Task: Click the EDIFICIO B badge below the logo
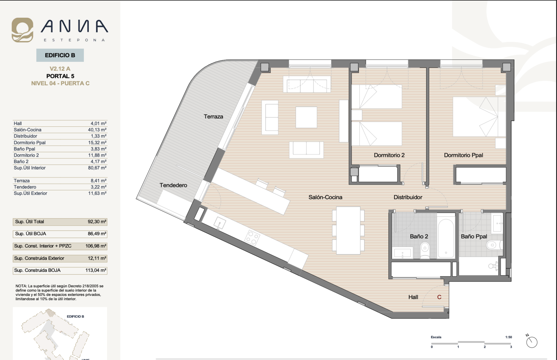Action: tap(60, 55)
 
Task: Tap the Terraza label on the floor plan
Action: tap(214, 117)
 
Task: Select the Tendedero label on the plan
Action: tap(173, 185)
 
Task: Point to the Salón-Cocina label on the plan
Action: tap(325, 197)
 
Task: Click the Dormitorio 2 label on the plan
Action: tap(389, 155)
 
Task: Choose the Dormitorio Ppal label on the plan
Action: tap(463, 155)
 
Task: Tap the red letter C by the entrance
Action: tap(439, 297)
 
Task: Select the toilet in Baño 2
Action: tap(425, 250)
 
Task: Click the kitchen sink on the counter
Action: tap(220, 223)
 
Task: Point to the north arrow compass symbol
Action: tap(531, 341)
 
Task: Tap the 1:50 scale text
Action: tap(509, 337)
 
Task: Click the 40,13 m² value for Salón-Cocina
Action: tap(97, 130)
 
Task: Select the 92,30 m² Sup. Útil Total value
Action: tap(97, 222)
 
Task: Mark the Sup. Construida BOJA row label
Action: tap(37, 270)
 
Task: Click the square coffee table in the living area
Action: tap(306, 117)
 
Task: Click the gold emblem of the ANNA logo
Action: tap(22, 30)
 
